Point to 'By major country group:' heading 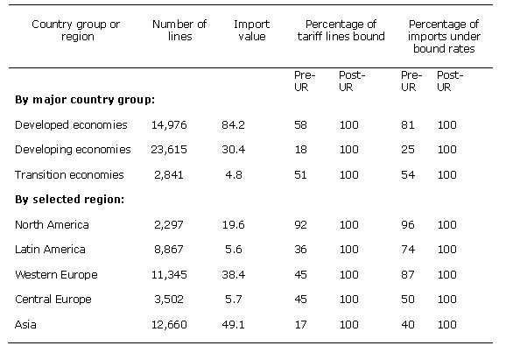[x=85, y=99]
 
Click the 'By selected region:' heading [x=70, y=199]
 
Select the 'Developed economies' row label [x=71, y=124]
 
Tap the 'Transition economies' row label [x=69, y=174]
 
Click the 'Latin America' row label [x=51, y=249]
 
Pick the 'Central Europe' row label [x=53, y=299]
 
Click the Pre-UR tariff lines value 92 [x=300, y=224]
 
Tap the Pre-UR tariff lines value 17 [x=300, y=323]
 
